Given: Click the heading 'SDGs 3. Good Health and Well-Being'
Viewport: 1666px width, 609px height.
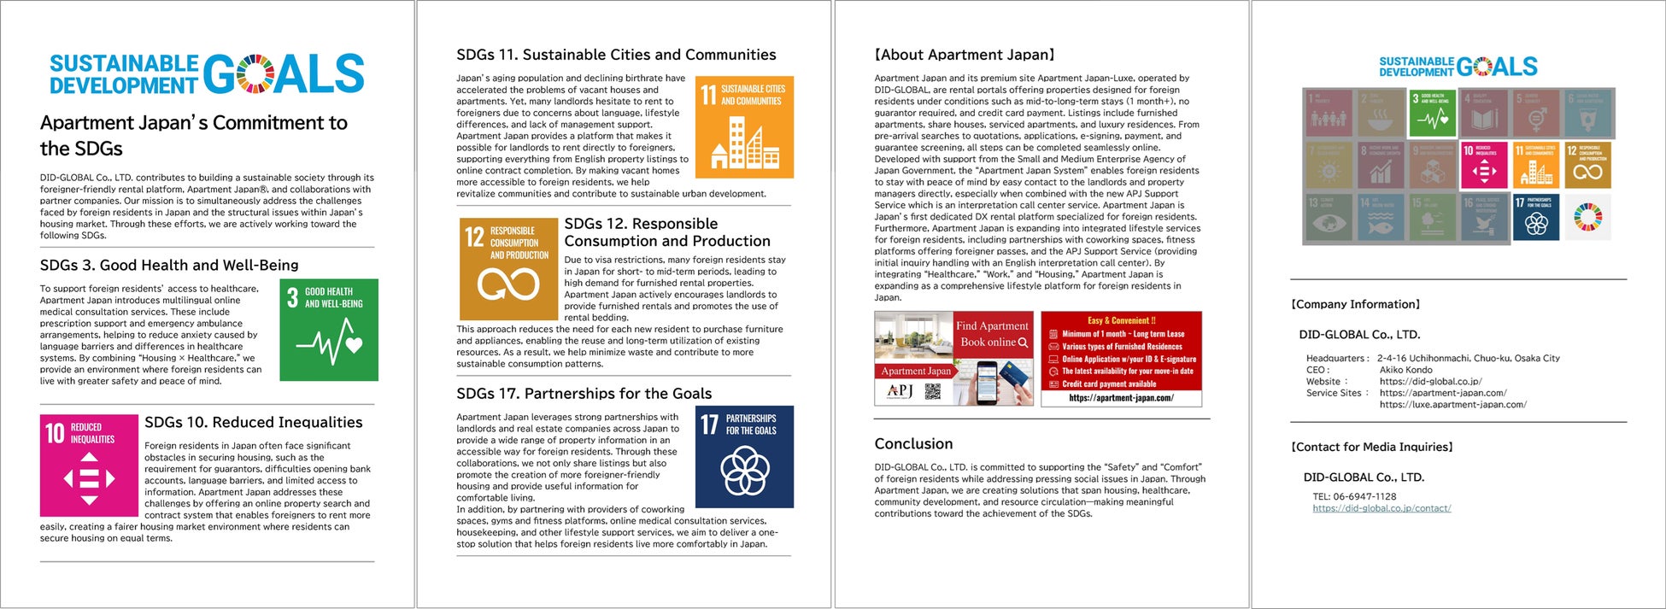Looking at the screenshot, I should (x=169, y=266).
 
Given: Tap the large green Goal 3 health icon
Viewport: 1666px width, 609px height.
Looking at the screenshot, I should (x=329, y=330).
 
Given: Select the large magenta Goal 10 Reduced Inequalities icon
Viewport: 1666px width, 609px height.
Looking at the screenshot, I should (x=89, y=466).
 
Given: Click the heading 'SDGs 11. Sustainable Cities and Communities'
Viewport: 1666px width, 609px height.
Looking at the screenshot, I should (x=616, y=55).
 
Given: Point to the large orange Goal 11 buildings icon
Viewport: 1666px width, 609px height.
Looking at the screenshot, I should (x=744, y=128).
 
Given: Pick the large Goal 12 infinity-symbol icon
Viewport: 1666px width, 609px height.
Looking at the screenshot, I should (x=508, y=269).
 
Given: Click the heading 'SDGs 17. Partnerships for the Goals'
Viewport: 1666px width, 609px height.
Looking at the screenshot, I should (x=584, y=394).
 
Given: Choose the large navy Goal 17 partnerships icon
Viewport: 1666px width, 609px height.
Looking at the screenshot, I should (x=744, y=457).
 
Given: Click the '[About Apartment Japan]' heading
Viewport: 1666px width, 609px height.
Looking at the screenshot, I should (x=965, y=55).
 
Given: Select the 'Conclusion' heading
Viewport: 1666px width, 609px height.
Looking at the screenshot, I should (x=913, y=444).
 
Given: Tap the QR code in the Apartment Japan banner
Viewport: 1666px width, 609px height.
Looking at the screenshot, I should (x=933, y=391).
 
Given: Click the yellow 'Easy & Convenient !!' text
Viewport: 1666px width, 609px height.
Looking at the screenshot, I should (x=1121, y=321).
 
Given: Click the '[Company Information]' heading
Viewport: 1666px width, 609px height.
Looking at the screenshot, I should (x=1355, y=304).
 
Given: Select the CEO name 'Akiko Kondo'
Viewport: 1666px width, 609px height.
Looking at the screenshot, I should (x=1405, y=370).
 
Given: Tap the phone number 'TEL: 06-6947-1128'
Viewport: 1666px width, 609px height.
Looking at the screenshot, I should (x=1354, y=496).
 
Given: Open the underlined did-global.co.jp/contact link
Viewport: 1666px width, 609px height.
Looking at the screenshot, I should (x=1381, y=508).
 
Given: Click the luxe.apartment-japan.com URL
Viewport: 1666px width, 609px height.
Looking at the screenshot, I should (x=1452, y=405).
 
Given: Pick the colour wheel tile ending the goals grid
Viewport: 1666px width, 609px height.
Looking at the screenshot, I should (x=1588, y=217).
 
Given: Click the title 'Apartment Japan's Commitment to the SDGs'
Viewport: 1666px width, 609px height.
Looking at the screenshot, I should (x=194, y=135).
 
